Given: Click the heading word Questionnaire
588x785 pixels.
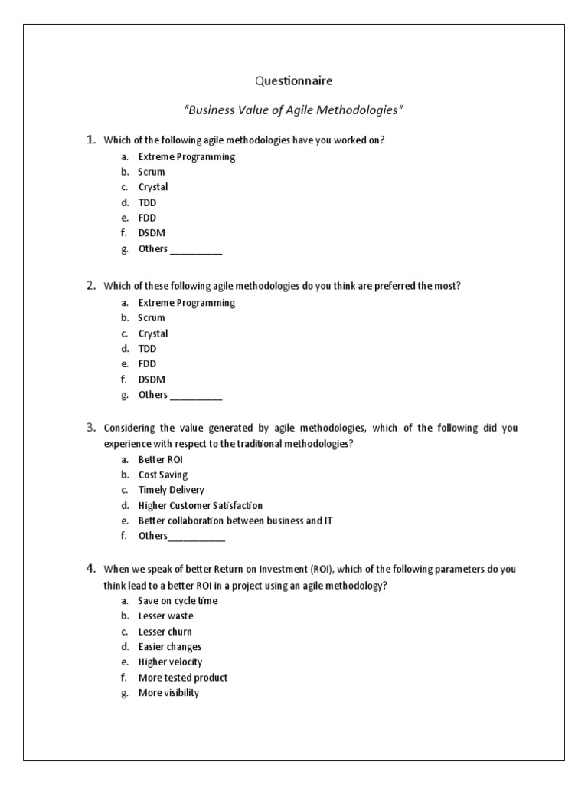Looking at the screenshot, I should pos(293,80).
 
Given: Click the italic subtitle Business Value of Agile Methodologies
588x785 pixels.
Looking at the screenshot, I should pos(293,110).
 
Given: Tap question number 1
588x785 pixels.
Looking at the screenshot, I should pos(90,139).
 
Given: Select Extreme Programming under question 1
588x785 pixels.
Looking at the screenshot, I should pos(186,156).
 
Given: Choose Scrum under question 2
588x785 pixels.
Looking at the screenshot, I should pos(151,317).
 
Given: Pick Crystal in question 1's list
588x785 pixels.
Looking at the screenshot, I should pos(153,187).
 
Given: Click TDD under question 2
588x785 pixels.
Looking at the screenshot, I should pos(147,349).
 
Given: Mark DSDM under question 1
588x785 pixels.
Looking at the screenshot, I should pos(152,233).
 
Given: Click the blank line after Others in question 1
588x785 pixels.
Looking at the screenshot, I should pos(195,250).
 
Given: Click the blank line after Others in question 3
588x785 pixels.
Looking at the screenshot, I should pos(196,537).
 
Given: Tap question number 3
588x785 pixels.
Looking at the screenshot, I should pos(90,427).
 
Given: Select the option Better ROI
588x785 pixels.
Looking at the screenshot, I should pos(160,459).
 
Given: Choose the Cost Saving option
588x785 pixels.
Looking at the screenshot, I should pos(162,475).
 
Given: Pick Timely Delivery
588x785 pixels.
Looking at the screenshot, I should pos(171,490).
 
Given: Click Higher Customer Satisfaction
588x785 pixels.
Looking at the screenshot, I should pos(200,505).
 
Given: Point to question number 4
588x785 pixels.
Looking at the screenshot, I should pos(90,568).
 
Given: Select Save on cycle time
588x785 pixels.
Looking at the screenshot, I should pos(178,600).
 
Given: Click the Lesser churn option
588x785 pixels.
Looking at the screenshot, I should pos(165,631).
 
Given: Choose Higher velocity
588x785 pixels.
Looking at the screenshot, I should pos(170,662).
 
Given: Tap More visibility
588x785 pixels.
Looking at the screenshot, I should pos(168,692).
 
